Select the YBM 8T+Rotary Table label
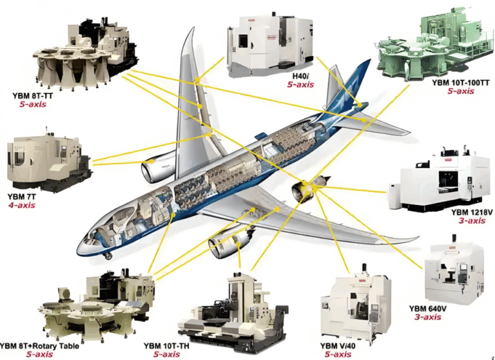pos(39,346)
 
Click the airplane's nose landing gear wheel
pos(108,257)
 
